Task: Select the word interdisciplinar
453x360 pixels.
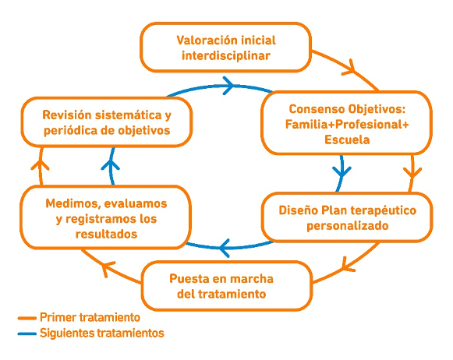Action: (226, 55)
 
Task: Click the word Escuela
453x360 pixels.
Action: (347, 139)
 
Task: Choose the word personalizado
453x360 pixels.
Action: (347, 226)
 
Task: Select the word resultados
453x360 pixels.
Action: (106, 234)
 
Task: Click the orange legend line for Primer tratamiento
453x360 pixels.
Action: (27, 318)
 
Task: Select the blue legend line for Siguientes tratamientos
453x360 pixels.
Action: (27, 334)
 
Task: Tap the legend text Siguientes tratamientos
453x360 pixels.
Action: (102, 334)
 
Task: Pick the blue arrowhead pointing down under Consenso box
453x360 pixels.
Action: (342, 171)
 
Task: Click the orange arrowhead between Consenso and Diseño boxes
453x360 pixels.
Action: (412, 173)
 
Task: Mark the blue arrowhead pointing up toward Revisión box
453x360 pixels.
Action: (111, 165)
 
